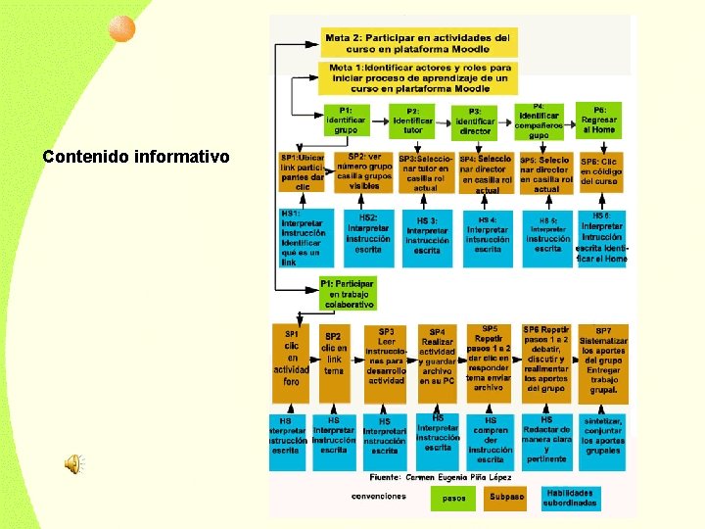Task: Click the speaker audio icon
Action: coord(73,464)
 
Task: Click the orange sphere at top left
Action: coord(120,31)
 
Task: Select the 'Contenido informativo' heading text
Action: coord(135,157)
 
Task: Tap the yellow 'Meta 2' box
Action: coord(418,42)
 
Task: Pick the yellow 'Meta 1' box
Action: coord(418,77)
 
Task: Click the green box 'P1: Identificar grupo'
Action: coord(346,120)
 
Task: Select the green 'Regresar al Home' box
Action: coord(599,120)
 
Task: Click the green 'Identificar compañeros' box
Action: coord(539,120)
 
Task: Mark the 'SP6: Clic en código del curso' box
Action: coord(599,172)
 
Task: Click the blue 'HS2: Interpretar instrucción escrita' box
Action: coord(368,235)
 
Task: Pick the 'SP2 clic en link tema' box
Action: coord(334,360)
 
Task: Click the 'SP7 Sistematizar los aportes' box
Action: coord(603,361)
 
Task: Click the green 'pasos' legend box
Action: coord(453,498)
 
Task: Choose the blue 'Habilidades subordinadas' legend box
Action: coord(571,498)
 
